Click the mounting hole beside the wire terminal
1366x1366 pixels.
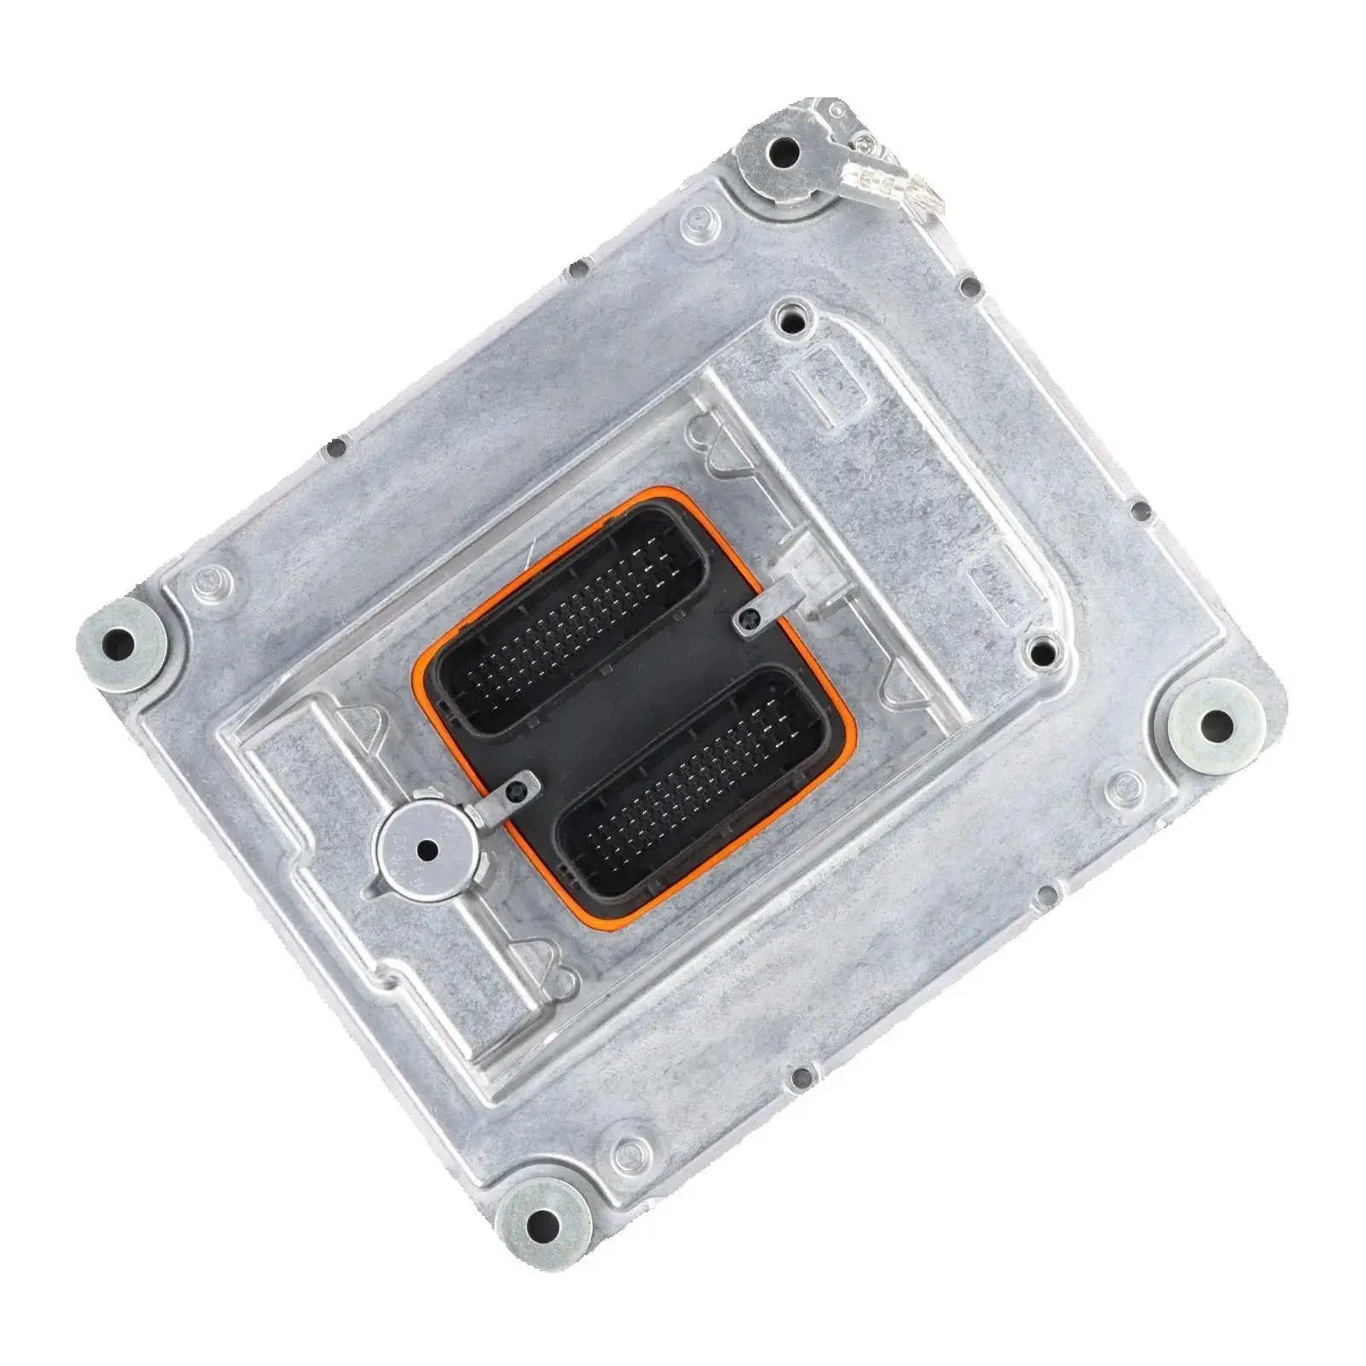[783, 154]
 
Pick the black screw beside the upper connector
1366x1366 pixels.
[746, 622]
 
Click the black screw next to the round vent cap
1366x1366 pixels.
[513, 793]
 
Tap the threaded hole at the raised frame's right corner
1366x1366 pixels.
[1038, 652]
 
